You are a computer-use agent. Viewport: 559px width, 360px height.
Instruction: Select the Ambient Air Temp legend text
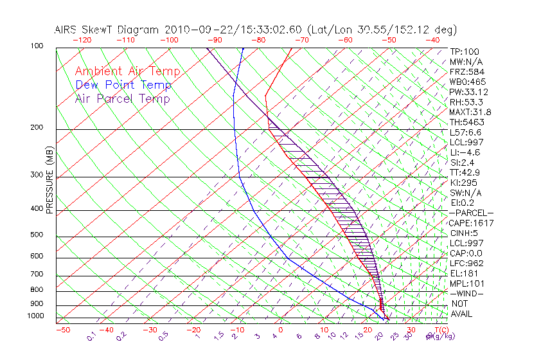(127, 71)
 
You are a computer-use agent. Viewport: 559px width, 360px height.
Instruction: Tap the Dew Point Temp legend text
(123, 85)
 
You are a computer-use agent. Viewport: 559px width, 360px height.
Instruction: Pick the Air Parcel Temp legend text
(123, 98)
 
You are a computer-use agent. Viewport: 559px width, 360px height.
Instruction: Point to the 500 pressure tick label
(37, 235)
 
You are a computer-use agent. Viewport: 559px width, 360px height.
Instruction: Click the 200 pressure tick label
(37, 128)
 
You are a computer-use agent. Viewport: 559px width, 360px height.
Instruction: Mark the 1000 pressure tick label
(35, 316)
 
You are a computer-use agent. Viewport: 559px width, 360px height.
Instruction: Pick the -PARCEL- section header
(471, 213)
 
